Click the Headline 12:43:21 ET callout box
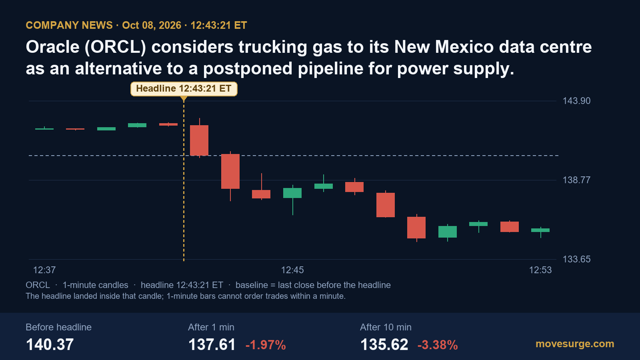point(184,89)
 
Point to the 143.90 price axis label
point(576,101)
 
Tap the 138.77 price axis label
point(576,180)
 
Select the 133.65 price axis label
point(576,259)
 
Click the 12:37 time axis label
point(44,270)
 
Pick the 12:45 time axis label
point(292,270)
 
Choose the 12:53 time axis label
point(540,270)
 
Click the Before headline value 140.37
point(50,344)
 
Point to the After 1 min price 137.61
point(212,344)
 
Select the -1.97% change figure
point(266,345)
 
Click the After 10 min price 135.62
point(384,344)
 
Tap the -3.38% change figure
point(438,345)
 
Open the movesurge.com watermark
point(575,344)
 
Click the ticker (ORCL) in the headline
point(115,46)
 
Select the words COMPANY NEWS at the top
point(69,25)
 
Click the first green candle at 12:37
point(44,129)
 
